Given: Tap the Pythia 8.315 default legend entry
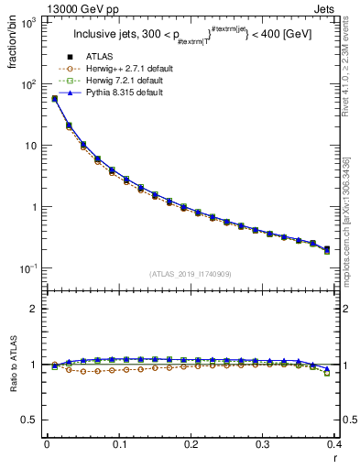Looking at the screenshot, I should click(115, 93).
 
